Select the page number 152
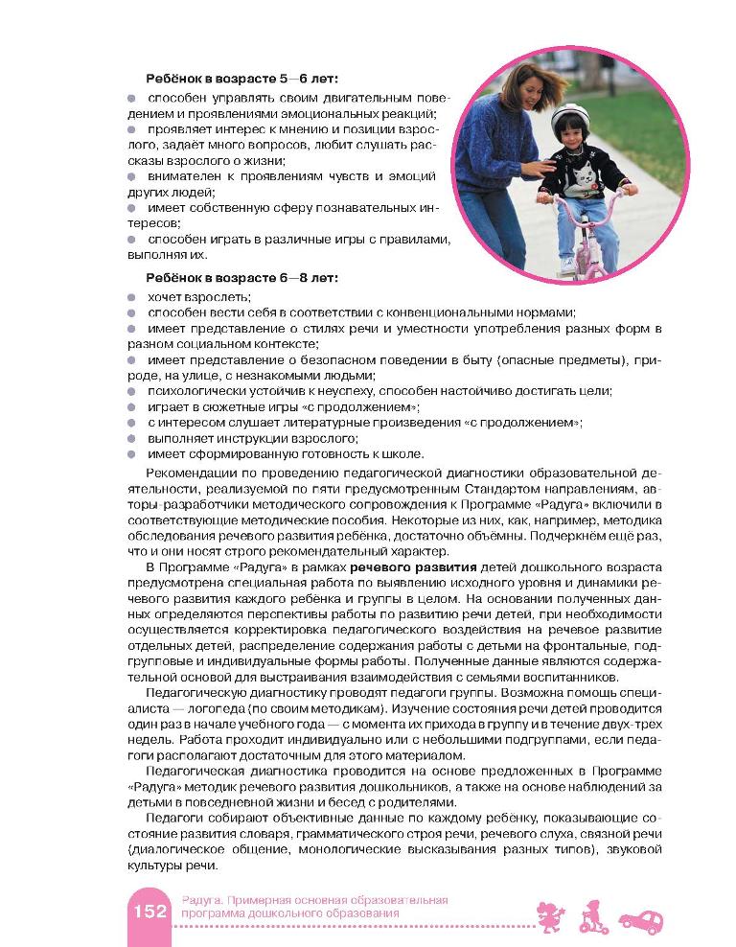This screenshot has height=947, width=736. point(149,912)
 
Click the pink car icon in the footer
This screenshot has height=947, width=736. point(640,921)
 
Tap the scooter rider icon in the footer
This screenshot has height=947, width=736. point(591,916)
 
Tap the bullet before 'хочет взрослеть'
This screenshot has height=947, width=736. point(132,296)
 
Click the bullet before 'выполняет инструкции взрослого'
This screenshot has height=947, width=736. point(132,437)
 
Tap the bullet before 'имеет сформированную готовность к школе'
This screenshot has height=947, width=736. point(132,453)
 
